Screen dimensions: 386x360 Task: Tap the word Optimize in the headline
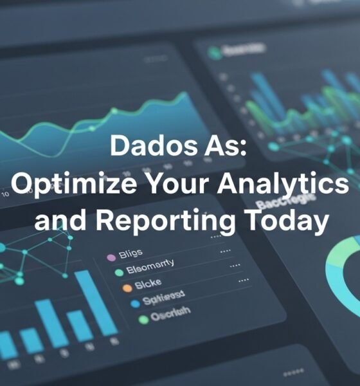67,185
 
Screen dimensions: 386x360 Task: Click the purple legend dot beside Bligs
111,257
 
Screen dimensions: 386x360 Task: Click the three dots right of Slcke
244,280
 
